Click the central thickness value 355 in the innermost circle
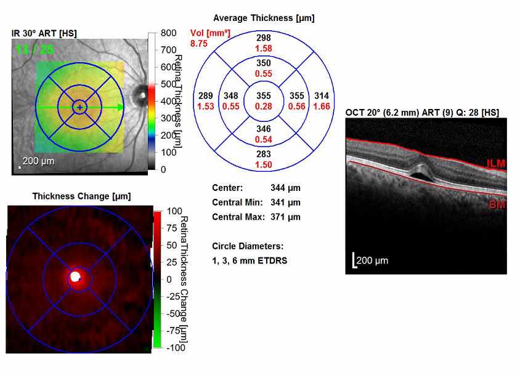(264, 95)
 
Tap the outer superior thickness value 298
(264, 39)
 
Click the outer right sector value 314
(322, 96)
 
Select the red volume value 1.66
(322, 107)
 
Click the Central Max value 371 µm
(285, 217)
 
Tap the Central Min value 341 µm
(285, 203)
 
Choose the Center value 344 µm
(285, 188)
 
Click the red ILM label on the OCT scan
(496, 163)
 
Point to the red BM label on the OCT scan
(497, 204)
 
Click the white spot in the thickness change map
(76, 276)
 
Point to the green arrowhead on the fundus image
(121, 107)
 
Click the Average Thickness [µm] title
(264, 18)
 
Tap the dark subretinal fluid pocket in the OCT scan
(420, 174)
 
